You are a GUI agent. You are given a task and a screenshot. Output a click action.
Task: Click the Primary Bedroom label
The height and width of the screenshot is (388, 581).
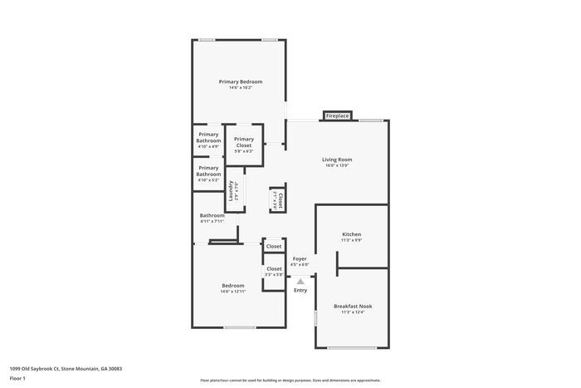(240, 81)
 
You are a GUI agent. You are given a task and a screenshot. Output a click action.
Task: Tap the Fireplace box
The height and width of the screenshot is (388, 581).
(337, 115)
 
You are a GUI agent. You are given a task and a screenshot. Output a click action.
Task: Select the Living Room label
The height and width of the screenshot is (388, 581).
(337, 160)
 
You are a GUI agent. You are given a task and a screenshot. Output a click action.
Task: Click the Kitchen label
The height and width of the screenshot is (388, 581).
(351, 234)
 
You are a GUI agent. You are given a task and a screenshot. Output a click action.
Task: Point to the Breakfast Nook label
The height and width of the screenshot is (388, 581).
(353, 306)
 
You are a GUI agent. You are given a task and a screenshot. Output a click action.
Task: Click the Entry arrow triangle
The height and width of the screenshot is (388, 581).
(300, 282)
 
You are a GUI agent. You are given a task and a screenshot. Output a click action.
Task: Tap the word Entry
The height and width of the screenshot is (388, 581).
(300, 290)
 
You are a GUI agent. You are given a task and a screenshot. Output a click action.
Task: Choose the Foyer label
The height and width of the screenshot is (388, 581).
(300, 259)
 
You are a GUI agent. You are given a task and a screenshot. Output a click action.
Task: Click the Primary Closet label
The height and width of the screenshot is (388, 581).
(243, 142)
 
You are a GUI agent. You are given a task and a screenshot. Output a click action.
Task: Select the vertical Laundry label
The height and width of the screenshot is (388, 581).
(231, 193)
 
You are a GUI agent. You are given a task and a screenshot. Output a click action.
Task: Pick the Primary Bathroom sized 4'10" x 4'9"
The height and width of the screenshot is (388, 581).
(208, 137)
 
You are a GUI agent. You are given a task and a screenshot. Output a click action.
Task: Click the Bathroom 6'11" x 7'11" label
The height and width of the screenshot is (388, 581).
(212, 215)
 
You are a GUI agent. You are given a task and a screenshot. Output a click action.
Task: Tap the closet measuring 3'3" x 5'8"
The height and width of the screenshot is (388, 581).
(274, 272)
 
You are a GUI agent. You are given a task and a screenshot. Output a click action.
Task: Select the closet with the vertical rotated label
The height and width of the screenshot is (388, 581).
(280, 199)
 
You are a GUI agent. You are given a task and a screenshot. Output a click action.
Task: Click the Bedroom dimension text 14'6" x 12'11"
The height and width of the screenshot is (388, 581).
(232, 292)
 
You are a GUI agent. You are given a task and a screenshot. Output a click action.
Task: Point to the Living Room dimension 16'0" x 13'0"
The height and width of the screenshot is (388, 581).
(337, 165)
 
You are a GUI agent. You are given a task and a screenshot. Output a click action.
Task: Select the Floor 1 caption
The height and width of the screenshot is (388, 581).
(18, 379)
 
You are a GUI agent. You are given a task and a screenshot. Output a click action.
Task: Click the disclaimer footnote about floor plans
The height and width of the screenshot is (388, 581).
(290, 380)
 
